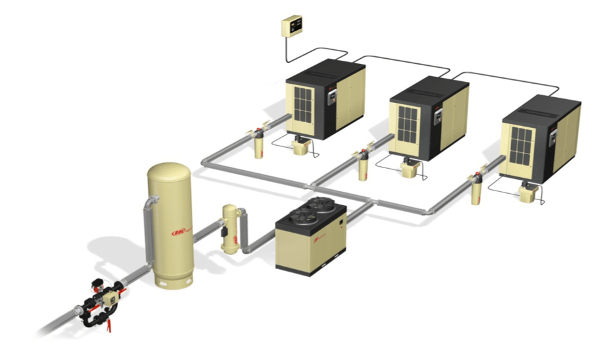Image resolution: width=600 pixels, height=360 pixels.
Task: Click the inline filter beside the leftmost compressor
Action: [x=258, y=143]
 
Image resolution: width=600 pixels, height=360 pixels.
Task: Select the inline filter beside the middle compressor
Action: [x=362, y=166]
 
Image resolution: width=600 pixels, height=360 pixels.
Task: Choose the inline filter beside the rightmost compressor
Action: [x=477, y=188]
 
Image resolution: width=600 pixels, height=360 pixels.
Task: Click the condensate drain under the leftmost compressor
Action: [x=300, y=147]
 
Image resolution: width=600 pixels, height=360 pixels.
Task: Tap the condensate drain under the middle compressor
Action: [x=410, y=169]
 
